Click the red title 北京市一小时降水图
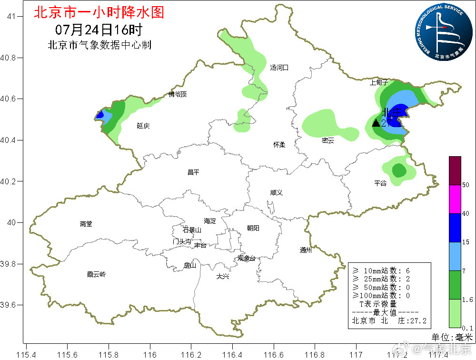click(99, 12)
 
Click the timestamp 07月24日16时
click(99, 30)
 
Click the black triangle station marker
click(376, 123)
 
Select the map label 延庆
click(143, 126)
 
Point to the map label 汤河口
click(279, 68)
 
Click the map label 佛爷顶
click(178, 94)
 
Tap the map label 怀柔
click(279, 145)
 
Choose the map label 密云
click(328, 140)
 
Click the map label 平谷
click(380, 183)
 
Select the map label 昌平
click(193, 173)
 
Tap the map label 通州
click(306, 250)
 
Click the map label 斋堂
click(86, 224)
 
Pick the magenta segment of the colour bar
click(455, 199)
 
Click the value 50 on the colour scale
click(466, 185)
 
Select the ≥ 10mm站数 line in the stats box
click(380, 270)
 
